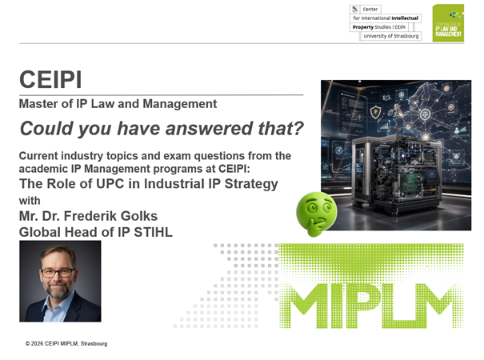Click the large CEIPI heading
(x=50, y=80)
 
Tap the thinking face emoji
(x=316, y=214)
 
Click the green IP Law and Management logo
(x=448, y=23)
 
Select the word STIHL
(x=153, y=232)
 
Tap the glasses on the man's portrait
(x=58, y=273)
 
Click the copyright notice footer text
(x=66, y=344)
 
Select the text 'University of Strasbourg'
(x=391, y=36)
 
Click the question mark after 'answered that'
(x=298, y=128)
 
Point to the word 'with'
(x=30, y=201)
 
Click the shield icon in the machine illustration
(x=376, y=112)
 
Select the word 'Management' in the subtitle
(x=180, y=104)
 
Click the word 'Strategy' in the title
(x=251, y=184)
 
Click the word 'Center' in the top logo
(x=370, y=10)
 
